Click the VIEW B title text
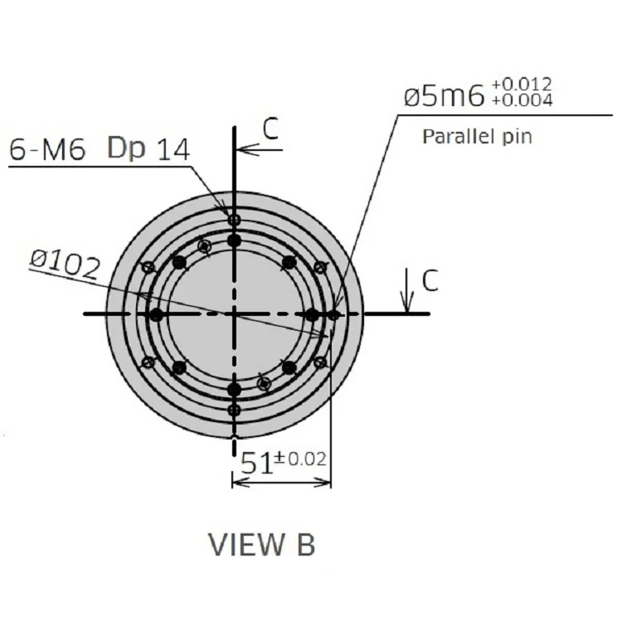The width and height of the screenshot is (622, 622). pyautogui.click(x=262, y=545)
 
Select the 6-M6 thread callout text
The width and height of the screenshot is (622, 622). pyautogui.click(x=47, y=149)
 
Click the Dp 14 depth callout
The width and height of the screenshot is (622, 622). pyautogui.click(x=148, y=148)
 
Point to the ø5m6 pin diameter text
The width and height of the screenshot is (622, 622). pyautogui.click(x=445, y=96)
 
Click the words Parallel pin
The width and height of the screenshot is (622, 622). pyautogui.click(x=477, y=137)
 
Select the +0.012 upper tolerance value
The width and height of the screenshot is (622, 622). pyautogui.click(x=522, y=84)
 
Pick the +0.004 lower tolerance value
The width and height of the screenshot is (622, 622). pyautogui.click(x=522, y=100)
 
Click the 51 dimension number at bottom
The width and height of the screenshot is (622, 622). pyautogui.click(x=257, y=463)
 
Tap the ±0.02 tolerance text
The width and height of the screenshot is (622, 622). pyautogui.click(x=301, y=459)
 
